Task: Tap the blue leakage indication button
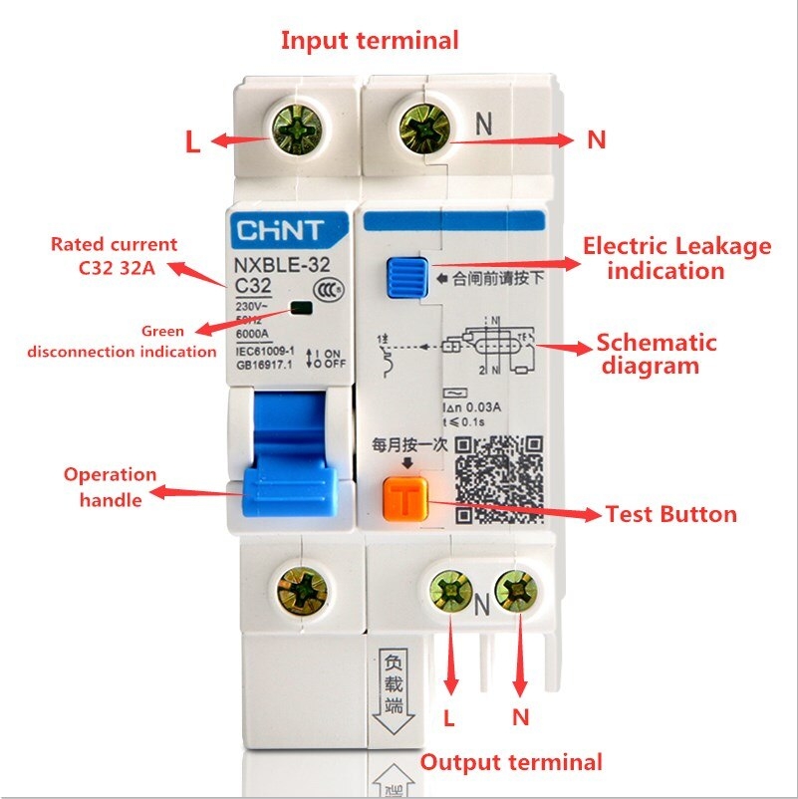coord(405,278)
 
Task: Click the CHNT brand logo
coord(280,232)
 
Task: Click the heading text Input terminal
coord(370,41)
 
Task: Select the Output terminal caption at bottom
coord(511,762)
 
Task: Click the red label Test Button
coord(671,515)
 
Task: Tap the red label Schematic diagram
coord(656,354)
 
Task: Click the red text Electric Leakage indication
coord(676,257)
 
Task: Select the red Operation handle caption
coord(110,486)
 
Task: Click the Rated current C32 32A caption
coord(114,255)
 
